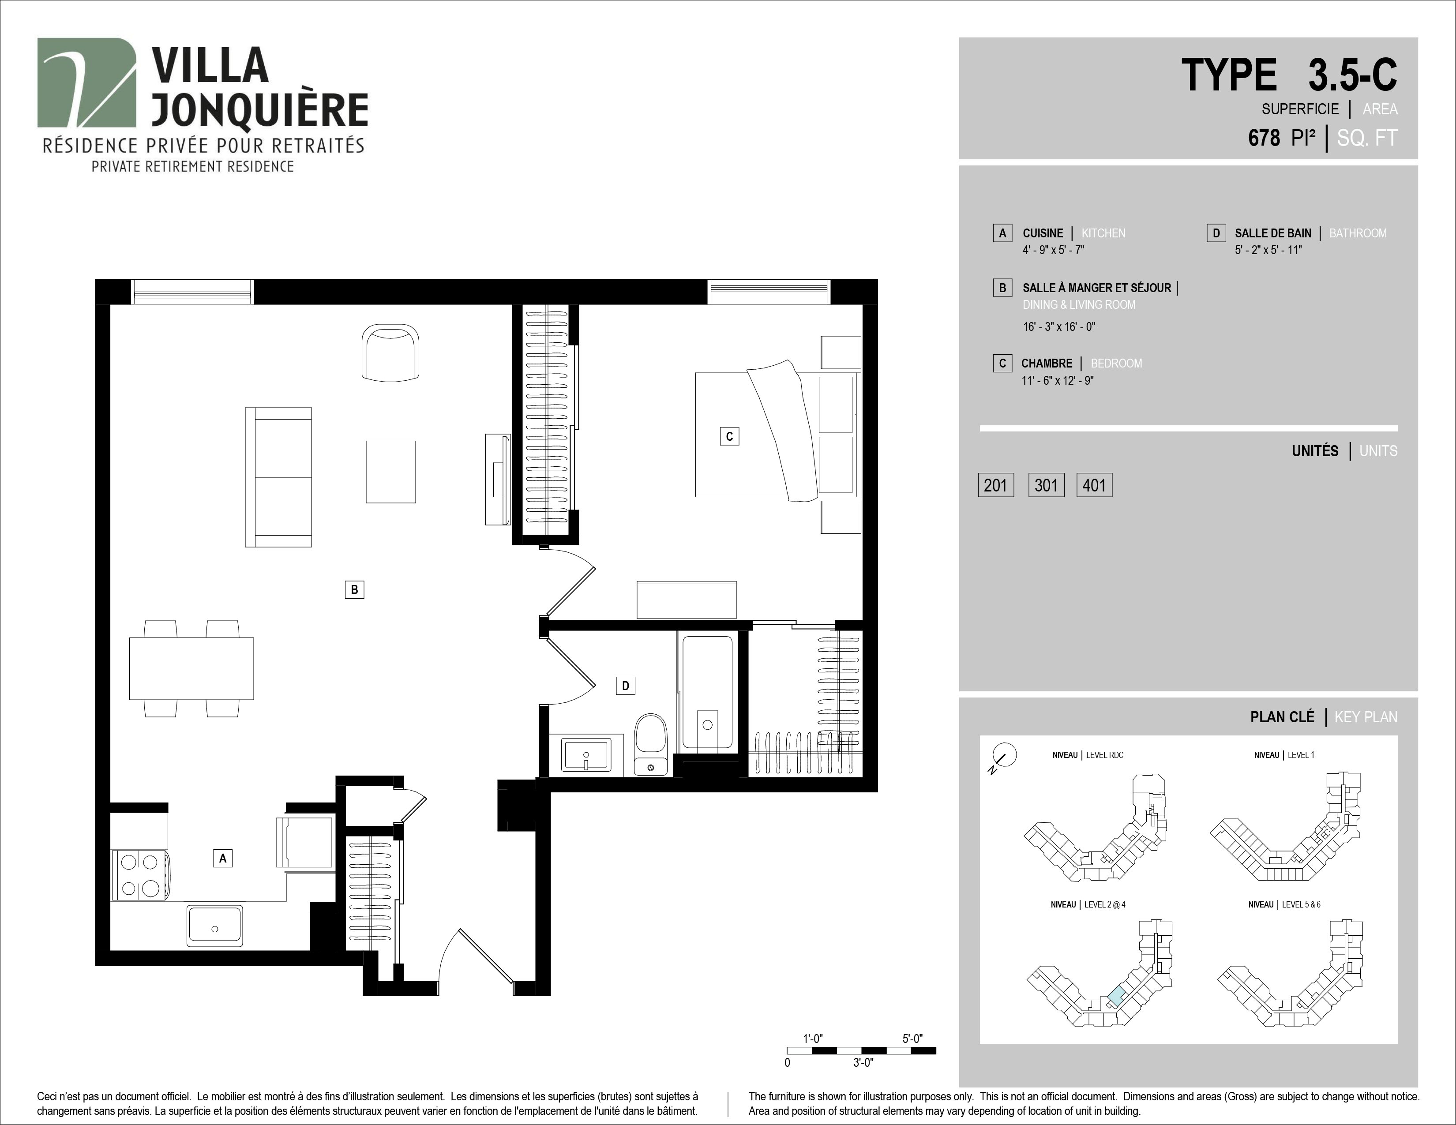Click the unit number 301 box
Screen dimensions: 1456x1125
[x=1046, y=485]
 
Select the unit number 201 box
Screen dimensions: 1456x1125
[x=995, y=485]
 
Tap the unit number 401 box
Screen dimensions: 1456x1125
[x=1094, y=485]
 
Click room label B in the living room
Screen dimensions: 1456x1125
[x=354, y=589]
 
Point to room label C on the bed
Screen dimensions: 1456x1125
[x=729, y=436]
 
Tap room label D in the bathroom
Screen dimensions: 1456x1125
[x=625, y=686]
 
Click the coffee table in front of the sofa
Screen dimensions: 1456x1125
[x=390, y=472]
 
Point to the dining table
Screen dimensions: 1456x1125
[x=191, y=668]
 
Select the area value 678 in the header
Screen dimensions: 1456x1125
[x=1264, y=138]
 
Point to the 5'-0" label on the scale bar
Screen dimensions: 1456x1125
[x=912, y=1039]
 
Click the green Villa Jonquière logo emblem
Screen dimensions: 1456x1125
[x=86, y=82]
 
